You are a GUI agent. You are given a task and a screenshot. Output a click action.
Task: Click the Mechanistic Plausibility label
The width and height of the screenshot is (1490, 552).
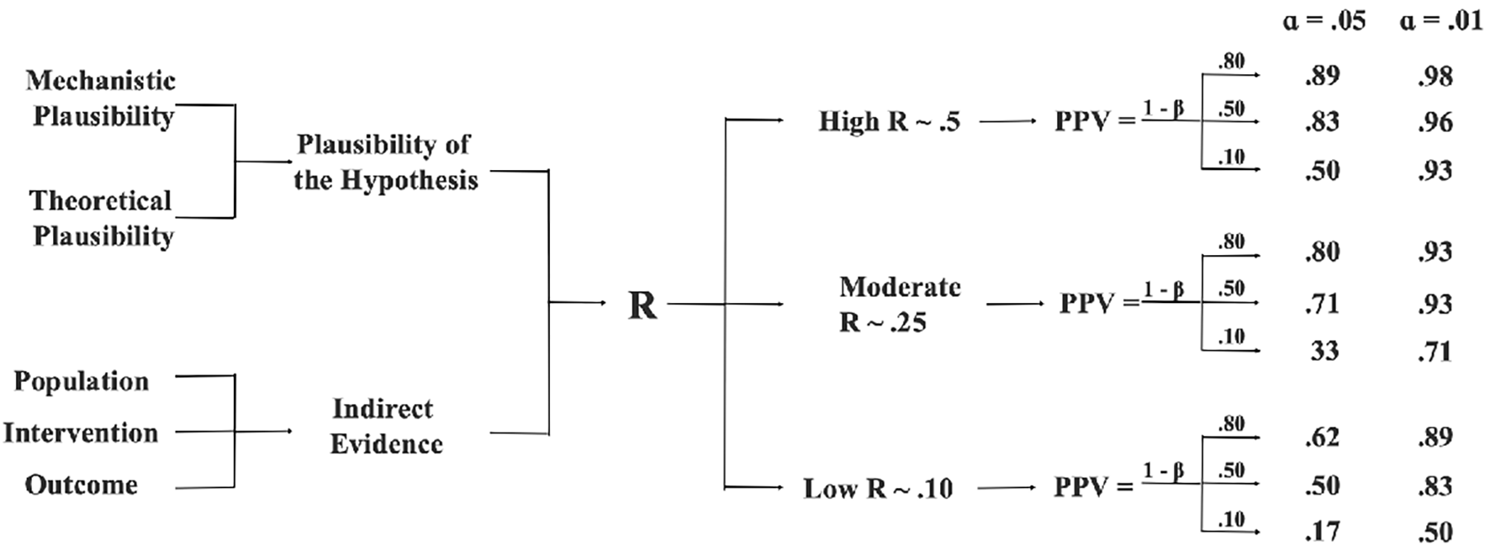tap(101, 98)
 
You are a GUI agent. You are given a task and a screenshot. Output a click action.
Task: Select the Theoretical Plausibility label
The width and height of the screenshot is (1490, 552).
tap(102, 218)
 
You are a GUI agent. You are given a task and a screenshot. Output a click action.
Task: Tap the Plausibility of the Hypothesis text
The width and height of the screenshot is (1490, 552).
tap(386, 162)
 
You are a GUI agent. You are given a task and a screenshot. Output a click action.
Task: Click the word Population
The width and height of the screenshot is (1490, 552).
tap(82, 381)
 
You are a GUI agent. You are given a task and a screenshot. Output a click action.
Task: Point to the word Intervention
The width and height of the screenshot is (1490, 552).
tap(81, 433)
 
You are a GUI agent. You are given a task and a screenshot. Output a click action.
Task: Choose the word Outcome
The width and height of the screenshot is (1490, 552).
tap(82, 485)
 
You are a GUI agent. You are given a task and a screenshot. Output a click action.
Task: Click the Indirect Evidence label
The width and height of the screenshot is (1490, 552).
tap(386, 426)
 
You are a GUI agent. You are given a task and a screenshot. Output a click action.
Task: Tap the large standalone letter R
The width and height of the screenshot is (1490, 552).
tap(642, 305)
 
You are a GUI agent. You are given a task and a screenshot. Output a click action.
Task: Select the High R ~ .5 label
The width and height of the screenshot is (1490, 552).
tap(889, 122)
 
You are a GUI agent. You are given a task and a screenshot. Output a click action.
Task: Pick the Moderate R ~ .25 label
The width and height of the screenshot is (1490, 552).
tap(900, 304)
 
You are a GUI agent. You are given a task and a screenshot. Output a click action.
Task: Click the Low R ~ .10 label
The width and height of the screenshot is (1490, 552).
tap(878, 488)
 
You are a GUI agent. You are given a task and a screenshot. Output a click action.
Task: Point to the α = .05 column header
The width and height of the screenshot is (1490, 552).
tap(1324, 19)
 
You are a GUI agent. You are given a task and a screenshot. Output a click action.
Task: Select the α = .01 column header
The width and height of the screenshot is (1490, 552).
tap(1440, 19)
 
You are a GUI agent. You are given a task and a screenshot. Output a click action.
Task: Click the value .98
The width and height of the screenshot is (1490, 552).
tap(1435, 76)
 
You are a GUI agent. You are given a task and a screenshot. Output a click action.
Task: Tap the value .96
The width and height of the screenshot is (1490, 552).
tap(1435, 122)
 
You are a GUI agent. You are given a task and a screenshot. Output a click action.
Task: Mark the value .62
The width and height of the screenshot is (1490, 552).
tap(1322, 437)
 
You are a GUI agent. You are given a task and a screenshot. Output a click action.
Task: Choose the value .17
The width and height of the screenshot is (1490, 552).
tap(1322, 531)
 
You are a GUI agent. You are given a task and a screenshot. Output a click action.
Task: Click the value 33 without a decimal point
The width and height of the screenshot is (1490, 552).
tap(1324, 350)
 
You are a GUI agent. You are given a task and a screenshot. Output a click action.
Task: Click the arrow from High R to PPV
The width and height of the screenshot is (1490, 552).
tap(1007, 122)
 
